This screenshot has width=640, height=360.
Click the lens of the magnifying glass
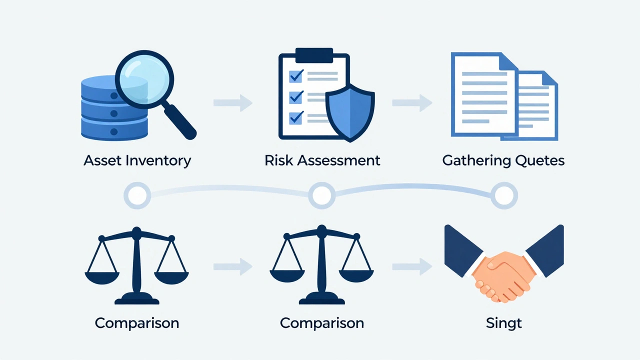(144, 79)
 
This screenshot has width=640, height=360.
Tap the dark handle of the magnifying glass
(179, 122)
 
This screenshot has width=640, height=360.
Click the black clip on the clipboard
(314, 55)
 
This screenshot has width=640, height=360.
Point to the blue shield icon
(350, 113)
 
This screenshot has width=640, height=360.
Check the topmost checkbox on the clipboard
(296, 76)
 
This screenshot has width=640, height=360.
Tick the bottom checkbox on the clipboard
(296, 117)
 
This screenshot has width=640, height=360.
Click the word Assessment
(339, 160)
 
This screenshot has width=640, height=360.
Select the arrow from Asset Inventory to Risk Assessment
(233, 102)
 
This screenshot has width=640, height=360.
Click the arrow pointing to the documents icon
(412, 102)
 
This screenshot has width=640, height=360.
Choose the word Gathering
(477, 161)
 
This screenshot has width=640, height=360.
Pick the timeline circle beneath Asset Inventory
(137, 195)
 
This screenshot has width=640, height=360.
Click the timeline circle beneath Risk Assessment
(322, 195)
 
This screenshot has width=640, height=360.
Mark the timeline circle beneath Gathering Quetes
(504, 195)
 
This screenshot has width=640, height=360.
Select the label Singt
(504, 323)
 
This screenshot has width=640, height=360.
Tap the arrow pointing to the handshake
(412, 266)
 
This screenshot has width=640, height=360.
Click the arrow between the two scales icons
(233, 266)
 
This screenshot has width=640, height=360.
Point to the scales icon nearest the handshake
(321, 264)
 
